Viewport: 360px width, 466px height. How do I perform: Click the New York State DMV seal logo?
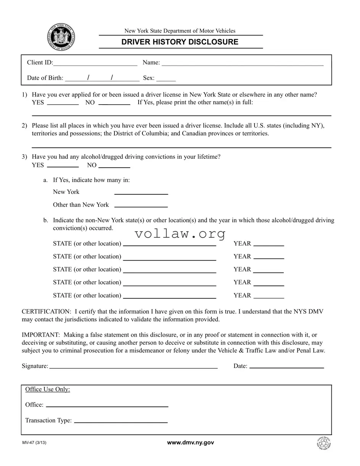61,37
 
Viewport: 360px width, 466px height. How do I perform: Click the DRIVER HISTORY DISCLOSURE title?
180,42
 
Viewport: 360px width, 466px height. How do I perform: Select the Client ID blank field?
95,63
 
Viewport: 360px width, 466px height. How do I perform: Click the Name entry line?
242,63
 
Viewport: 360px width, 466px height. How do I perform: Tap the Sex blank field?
166,79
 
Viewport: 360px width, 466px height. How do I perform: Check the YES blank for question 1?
63,103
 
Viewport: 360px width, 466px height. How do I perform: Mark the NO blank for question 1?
114,103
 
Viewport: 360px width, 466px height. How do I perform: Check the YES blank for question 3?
63,166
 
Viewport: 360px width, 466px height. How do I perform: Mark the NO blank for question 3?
114,166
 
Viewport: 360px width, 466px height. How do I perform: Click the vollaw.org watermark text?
180,233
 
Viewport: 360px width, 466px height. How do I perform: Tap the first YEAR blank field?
269,244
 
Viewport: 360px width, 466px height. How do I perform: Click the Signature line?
133,366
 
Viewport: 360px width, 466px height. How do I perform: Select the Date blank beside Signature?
286,366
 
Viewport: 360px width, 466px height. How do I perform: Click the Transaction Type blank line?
121,421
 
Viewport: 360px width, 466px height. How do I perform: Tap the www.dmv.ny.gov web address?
190,442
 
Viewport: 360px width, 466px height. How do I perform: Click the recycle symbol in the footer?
324,443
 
